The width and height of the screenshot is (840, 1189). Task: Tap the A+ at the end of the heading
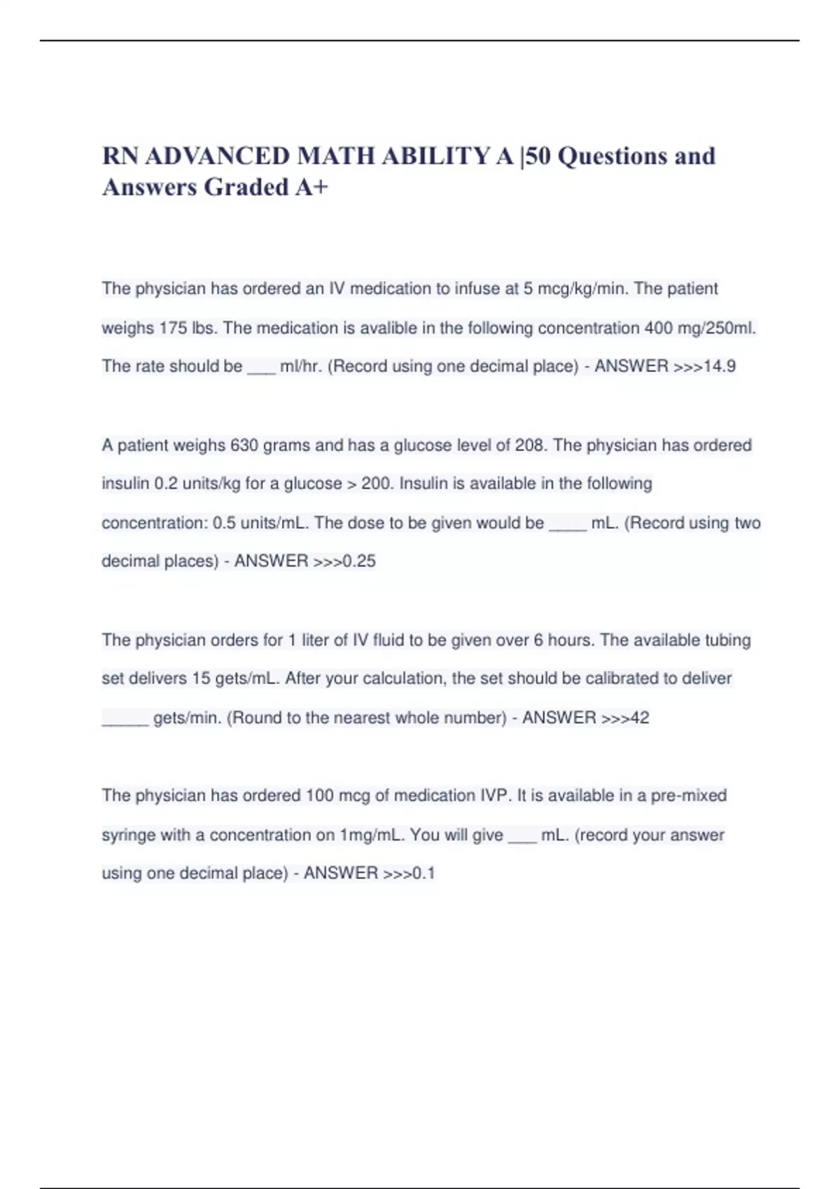pyautogui.click(x=311, y=187)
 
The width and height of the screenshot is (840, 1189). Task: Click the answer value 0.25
pyautogui.click(x=358, y=561)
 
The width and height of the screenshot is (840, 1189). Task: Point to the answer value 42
pyautogui.click(x=639, y=718)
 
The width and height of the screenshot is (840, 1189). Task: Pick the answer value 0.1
pyautogui.click(x=423, y=873)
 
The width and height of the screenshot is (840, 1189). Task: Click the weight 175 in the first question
pyautogui.click(x=172, y=328)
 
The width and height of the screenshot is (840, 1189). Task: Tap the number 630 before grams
pyautogui.click(x=244, y=446)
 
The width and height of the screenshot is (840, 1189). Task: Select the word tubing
pyautogui.click(x=729, y=640)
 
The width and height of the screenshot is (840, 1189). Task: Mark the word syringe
pyautogui.click(x=129, y=835)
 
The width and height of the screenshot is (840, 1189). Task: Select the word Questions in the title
pyautogui.click(x=612, y=156)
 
